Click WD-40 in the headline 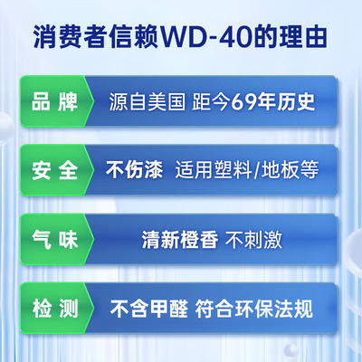click(206, 37)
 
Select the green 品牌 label click(54, 101)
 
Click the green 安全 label click(54, 170)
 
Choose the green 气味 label click(54, 240)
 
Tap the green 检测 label click(54, 309)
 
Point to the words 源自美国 click(147, 101)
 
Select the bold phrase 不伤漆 click(134, 169)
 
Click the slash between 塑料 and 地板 click(256, 170)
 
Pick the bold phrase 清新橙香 click(180, 240)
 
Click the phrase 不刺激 click(253, 240)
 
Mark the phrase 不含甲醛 click(148, 309)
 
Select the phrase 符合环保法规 click(254, 309)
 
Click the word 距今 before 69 click(212, 101)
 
